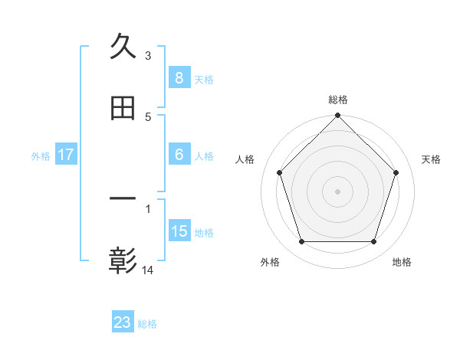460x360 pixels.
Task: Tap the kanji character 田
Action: (x=123, y=109)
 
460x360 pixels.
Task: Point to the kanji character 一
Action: (x=123, y=201)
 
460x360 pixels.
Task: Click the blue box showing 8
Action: (x=179, y=78)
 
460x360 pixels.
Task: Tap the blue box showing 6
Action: (x=179, y=155)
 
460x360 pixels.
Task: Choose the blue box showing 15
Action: (x=179, y=231)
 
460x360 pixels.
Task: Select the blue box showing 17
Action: (x=65, y=155)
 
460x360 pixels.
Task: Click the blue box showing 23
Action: (x=123, y=322)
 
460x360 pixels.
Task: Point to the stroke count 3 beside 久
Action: (x=148, y=55)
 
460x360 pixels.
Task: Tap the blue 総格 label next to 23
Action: (x=147, y=324)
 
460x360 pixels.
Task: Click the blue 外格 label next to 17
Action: (x=41, y=155)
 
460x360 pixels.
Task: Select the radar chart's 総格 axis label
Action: (x=338, y=100)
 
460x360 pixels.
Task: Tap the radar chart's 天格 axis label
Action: (x=431, y=159)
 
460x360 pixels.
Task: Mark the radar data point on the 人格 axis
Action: (x=279, y=172)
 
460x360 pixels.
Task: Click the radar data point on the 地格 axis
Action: (x=374, y=242)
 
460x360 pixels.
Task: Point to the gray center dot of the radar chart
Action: (x=338, y=191)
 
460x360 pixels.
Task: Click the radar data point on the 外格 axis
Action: (x=301, y=242)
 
